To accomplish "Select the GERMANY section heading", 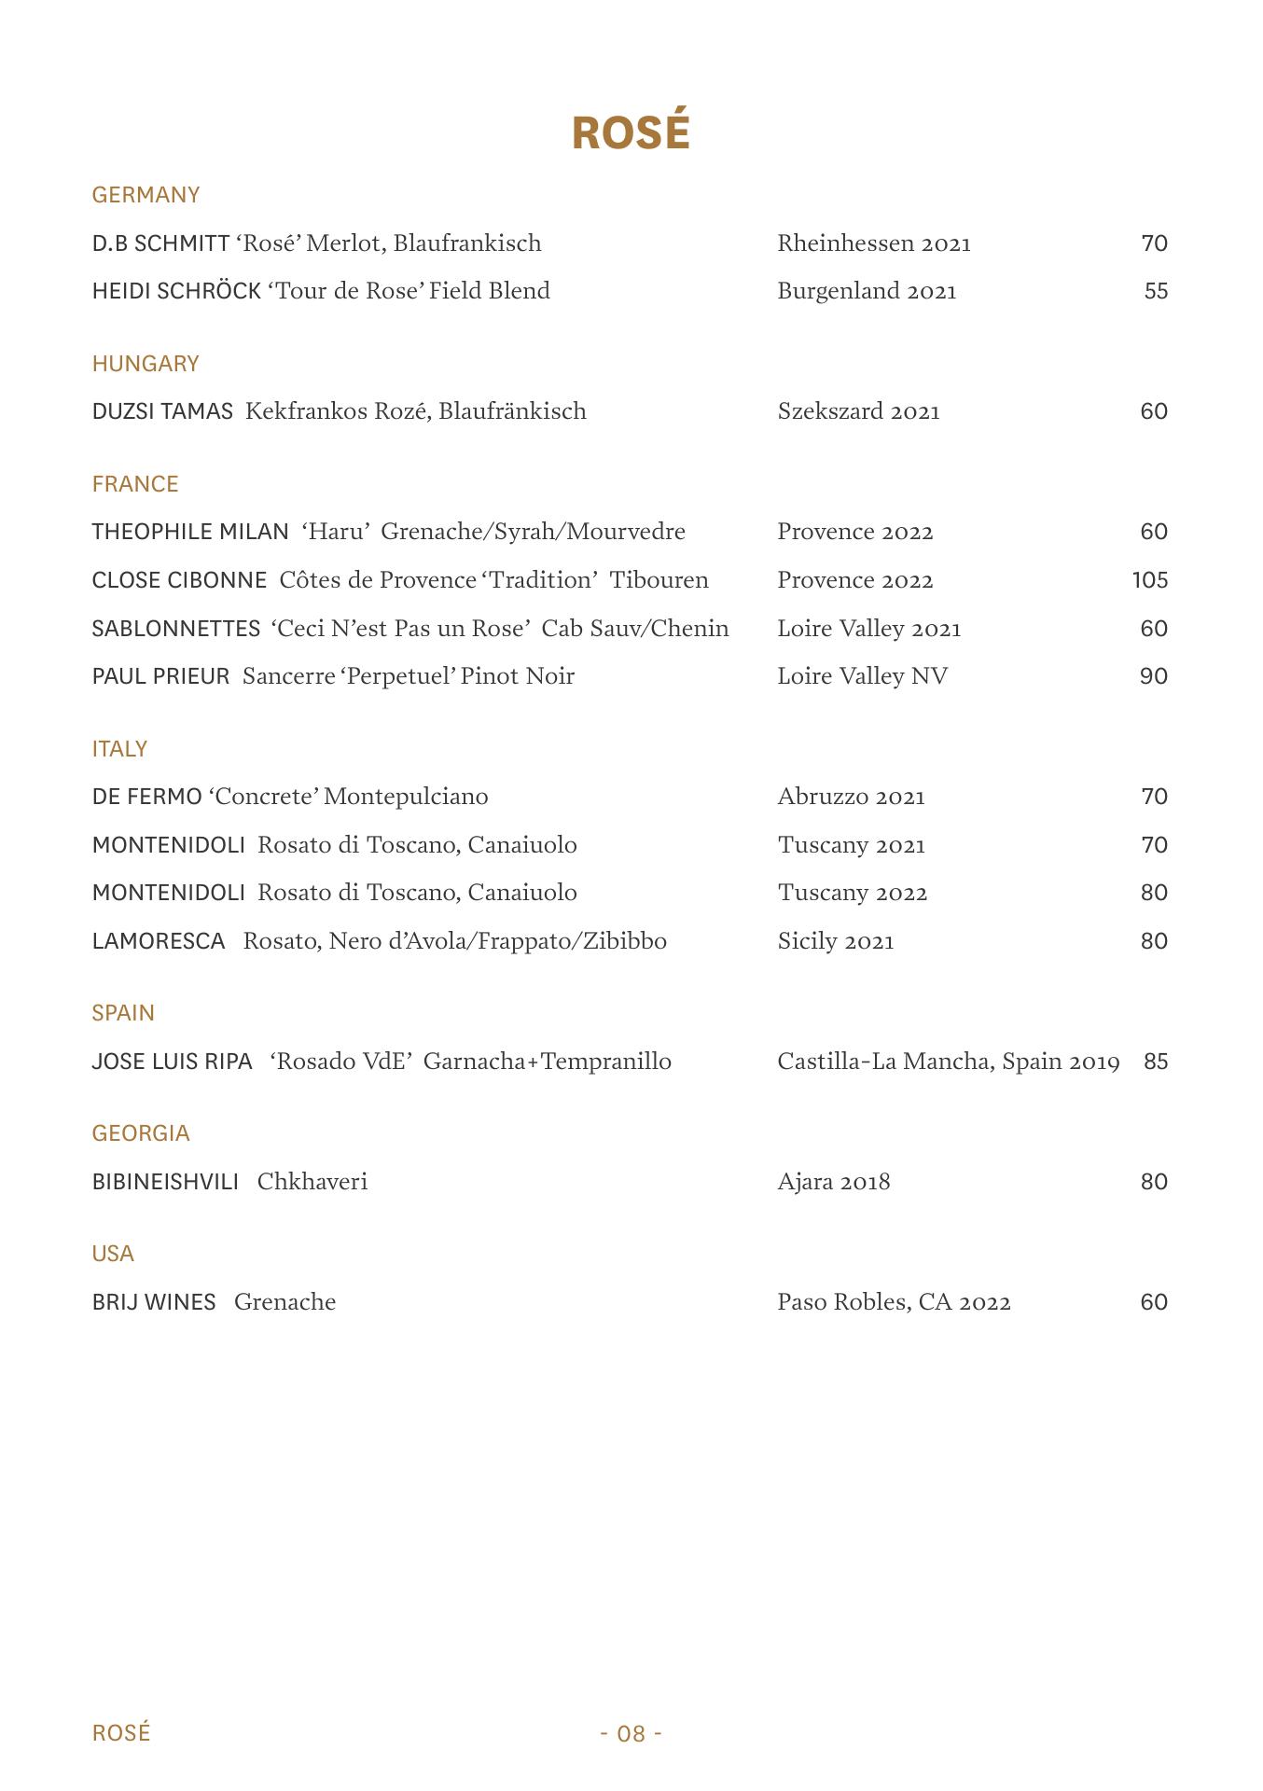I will (x=146, y=195).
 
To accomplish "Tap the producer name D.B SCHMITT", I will (x=160, y=243).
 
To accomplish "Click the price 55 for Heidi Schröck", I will (x=1156, y=291).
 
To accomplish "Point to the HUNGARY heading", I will (x=146, y=364).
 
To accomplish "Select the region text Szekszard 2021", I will (x=858, y=411).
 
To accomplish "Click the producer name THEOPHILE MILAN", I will (x=190, y=532).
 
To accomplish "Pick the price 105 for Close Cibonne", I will (x=1150, y=580).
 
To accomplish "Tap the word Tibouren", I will (x=659, y=580).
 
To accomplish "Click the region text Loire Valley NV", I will (x=862, y=676).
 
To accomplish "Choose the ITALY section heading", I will (x=119, y=749).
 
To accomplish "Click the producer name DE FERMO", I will (x=146, y=797).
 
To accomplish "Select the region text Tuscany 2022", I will (x=853, y=893).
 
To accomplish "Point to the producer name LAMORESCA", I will (x=159, y=941).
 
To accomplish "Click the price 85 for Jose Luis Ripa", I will (x=1156, y=1062).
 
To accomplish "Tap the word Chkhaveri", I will (x=312, y=1182).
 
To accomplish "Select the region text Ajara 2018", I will (x=834, y=1182).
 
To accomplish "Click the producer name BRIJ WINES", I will (x=154, y=1302).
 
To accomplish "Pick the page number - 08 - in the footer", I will (x=631, y=1733).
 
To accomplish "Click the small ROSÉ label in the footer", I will (x=121, y=1733).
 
